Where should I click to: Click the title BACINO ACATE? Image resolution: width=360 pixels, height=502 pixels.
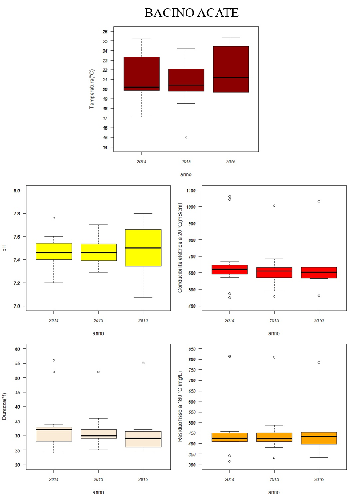point(191,13)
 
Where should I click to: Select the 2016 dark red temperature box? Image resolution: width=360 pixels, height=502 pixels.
point(231,69)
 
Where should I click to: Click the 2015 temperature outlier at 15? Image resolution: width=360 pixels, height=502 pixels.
point(186,138)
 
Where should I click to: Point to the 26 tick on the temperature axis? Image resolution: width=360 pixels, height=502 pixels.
point(105,32)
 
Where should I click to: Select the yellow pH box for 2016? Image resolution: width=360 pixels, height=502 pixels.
point(143,247)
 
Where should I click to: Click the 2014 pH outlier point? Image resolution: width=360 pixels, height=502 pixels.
point(54,218)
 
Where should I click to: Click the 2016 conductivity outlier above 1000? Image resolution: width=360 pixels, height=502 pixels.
point(319,202)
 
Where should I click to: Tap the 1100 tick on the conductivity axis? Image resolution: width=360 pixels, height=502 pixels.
point(192,190)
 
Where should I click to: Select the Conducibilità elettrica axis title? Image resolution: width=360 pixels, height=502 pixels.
point(180,248)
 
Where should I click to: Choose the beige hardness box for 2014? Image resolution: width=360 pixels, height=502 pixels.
point(54,434)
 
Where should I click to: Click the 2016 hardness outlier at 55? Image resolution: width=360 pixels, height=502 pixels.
point(143,363)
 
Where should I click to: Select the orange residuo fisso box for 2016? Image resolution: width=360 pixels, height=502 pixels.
point(319,438)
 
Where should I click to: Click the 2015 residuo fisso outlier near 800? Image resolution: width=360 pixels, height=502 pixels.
point(274,357)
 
